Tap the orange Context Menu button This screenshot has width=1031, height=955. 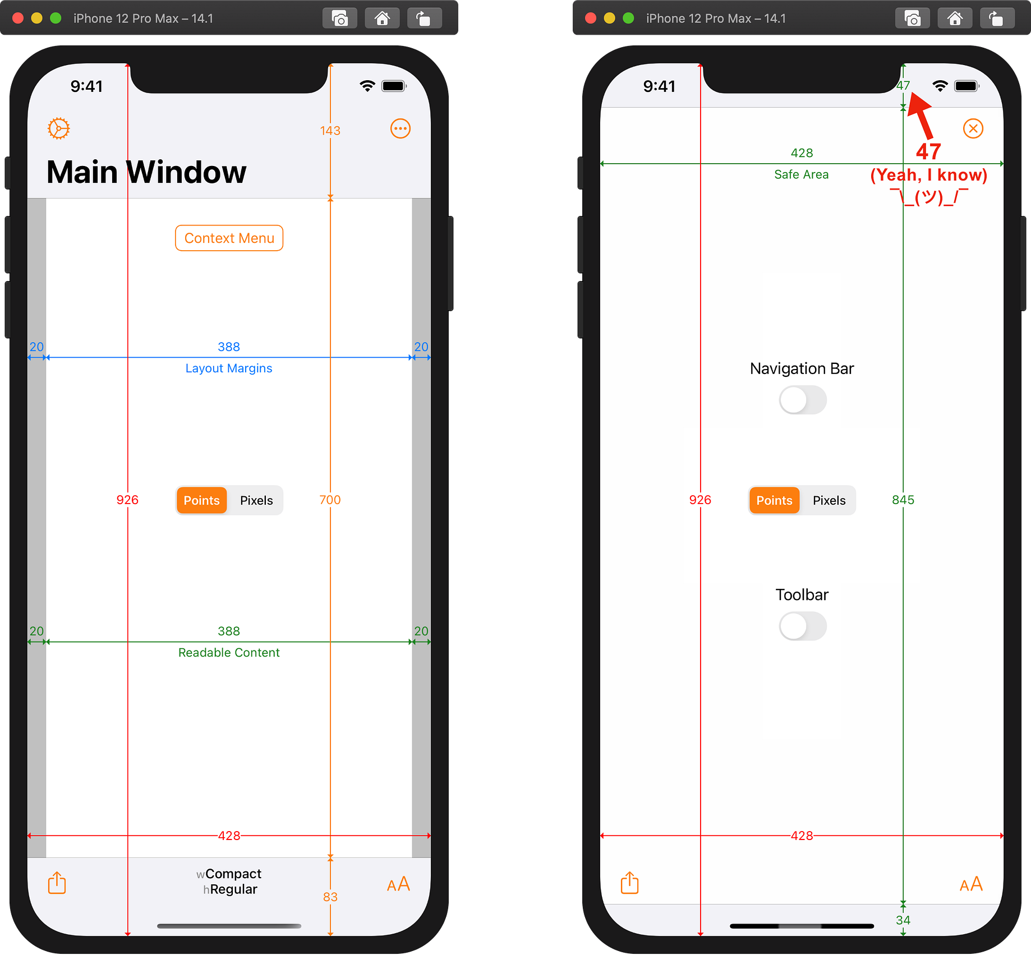pyautogui.click(x=229, y=238)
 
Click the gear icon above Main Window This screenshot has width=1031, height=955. pyautogui.click(x=58, y=128)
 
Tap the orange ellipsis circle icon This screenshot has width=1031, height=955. pyautogui.click(x=400, y=128)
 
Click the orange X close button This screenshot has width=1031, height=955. pyautogui.click(x=973, y=128)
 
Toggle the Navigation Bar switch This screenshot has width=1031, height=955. pyautogui.click(x=802, y=400)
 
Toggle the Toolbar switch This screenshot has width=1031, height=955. pyautogui.click(x=802, y=626)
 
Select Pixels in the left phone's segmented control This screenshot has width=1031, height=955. pyautogui.click(x=256, y=500)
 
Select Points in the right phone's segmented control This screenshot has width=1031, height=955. pyautogui.click(x=774, y=500)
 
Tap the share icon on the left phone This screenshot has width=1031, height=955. pyautogui.click(x=57, y=883)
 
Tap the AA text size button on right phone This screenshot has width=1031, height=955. pyautogui.click(x=971, y=884)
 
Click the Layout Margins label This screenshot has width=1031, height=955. pyautogui.click(x=229, y=368)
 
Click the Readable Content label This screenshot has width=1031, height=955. pyautogui.click(x=229, y=653)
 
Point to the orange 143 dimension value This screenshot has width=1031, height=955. pyautogui.click(x=330, y=131)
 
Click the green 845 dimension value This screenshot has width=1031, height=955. pyautogui.click(x=903, y=500)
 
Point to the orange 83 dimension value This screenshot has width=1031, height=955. pyautogui.click(x=330, y=897)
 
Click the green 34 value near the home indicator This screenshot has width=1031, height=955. pyautogui.click(x=903, y=920)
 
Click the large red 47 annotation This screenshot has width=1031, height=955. pyautogui.click(x=928, y=151)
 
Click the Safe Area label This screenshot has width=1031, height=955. pyautogui.click(x=801, y=174)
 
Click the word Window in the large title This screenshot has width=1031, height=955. pyautogui.click(x=187, y=172)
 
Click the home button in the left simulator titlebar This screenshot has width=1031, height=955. pyautogui.click(x=382, y=19)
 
